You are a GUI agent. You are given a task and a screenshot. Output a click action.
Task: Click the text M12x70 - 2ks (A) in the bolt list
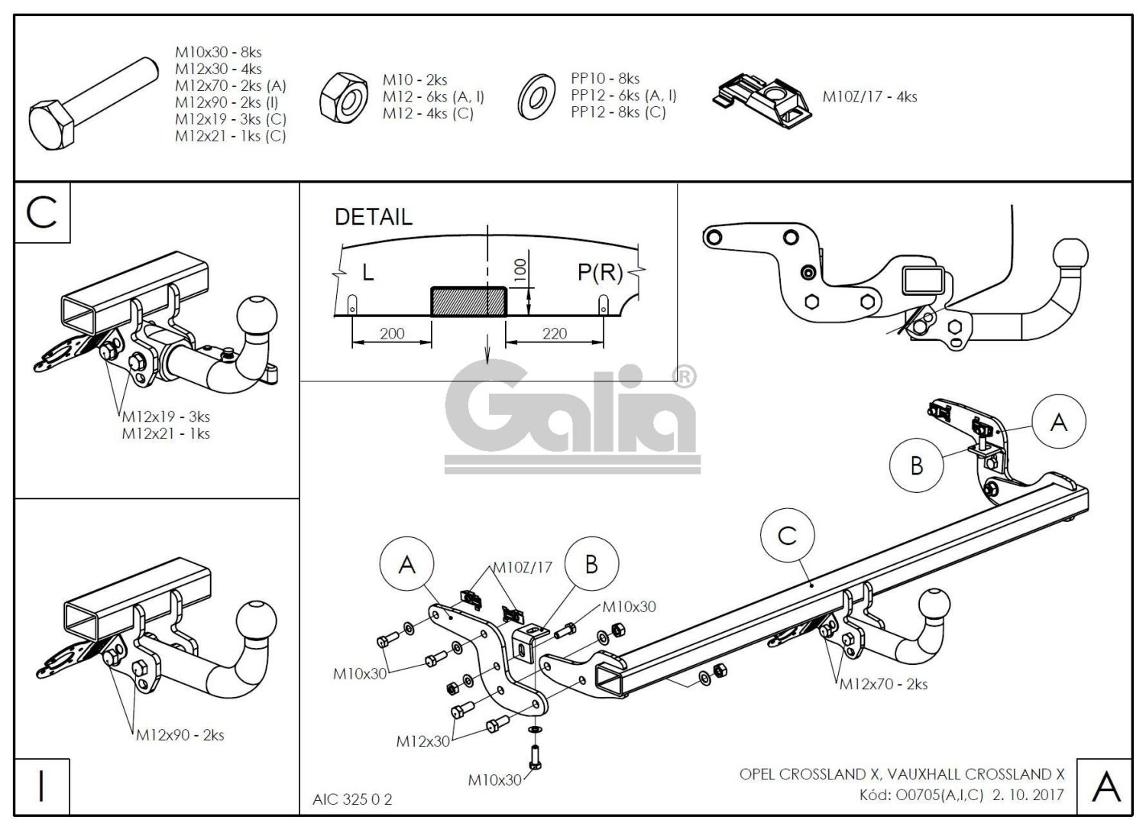tap(230, 86)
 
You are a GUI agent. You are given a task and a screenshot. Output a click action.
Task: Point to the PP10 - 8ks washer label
tap(605, 79)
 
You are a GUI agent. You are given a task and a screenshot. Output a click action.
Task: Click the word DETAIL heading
tap(373, 217)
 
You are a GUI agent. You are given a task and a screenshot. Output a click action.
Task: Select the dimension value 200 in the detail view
tap(390, 333)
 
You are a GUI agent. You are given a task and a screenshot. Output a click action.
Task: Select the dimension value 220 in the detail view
tap(555, 333)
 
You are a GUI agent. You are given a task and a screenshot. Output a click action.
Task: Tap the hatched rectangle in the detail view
tap(468, 301)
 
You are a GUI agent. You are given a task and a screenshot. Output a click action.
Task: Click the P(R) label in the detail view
tap(601, 272)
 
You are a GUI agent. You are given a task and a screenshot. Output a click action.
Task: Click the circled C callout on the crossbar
tap(788, 536)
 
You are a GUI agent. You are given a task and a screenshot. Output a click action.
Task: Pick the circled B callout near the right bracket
tap(917, 465)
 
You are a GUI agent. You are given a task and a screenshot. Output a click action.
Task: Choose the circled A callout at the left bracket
tap(407, 565)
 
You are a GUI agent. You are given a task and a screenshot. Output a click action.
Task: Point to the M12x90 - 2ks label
tap(180, 735)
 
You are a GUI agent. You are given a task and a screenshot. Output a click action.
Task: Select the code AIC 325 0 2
tap(352, 799)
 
